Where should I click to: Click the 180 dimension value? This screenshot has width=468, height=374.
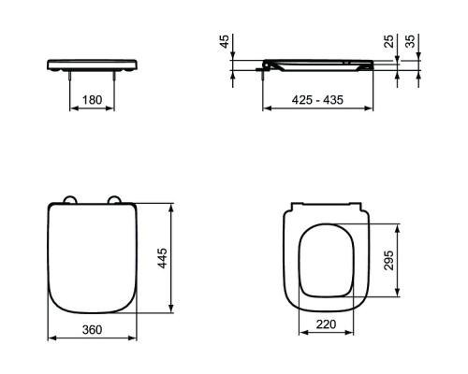point(92,100)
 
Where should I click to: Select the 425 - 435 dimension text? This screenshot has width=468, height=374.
point(317,100)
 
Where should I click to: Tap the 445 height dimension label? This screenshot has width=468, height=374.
point(162,258)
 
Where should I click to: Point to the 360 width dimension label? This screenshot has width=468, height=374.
point(92,329)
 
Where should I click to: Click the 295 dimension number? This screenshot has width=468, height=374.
point(388,260)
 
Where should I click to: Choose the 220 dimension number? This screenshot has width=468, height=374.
point(327,324)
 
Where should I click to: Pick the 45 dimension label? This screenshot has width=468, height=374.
point(225,41)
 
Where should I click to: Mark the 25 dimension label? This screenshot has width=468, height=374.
point(388,41)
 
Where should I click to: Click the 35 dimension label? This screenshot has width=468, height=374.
point(411,41)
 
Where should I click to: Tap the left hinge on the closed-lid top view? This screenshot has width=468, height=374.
point(69,200)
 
